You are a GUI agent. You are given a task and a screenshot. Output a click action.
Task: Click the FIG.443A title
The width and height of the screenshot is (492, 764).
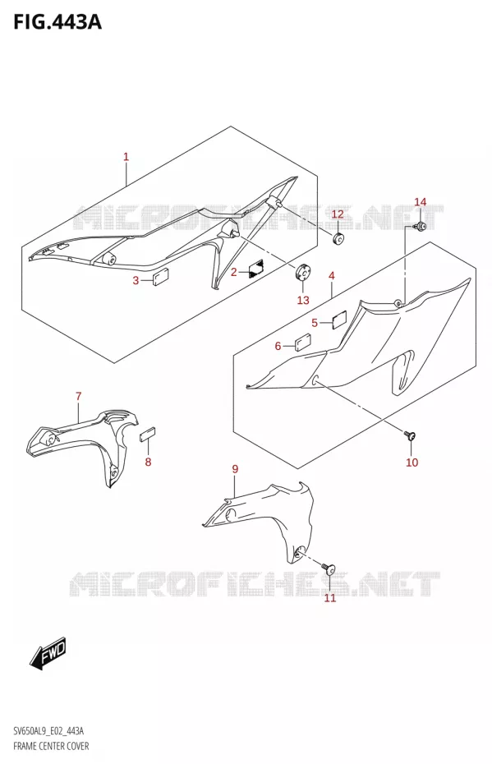pyautogui.click(x=57, y=22)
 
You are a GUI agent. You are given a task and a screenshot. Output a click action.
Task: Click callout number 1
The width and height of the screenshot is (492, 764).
pyautogui.click(x=126, y=157)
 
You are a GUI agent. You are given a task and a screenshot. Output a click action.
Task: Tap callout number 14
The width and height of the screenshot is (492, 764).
pyautogui.click(x=420, y=202)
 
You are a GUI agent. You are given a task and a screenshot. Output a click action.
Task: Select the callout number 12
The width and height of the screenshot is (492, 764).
pyautogui.click(x=338, y=214)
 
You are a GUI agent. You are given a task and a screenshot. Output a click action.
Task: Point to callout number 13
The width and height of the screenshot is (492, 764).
pyautogui.click(x=303, y=300)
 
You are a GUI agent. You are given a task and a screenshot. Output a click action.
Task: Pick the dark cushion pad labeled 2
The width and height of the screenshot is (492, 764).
pyautogui.click(x=255, y=268)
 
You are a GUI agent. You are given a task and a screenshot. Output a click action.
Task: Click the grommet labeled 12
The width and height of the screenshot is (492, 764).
pyautogui.click(x=338, y=239)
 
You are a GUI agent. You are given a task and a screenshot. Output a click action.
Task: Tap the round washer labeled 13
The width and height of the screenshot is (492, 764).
pyautogui.click(x=303, y=273)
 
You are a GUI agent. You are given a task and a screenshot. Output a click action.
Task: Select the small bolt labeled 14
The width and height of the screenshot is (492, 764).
pyautogui.click(x=420, y=226)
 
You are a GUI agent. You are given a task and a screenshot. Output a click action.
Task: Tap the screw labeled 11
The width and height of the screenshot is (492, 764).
pyautogui.click(x=329, y=568)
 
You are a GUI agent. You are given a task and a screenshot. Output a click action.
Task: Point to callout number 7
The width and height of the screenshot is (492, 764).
pyautogui.click(x=78, y=397)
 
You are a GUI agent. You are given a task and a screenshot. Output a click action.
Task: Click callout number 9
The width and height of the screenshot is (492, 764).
pyautogui.click(x=235, y=469)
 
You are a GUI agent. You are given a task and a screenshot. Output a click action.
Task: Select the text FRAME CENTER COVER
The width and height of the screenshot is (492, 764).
pyautogui.click(x=51, y=746)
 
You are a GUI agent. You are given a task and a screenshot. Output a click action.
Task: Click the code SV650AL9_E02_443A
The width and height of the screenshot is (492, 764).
pyautogui.click(x=48, y=731)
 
